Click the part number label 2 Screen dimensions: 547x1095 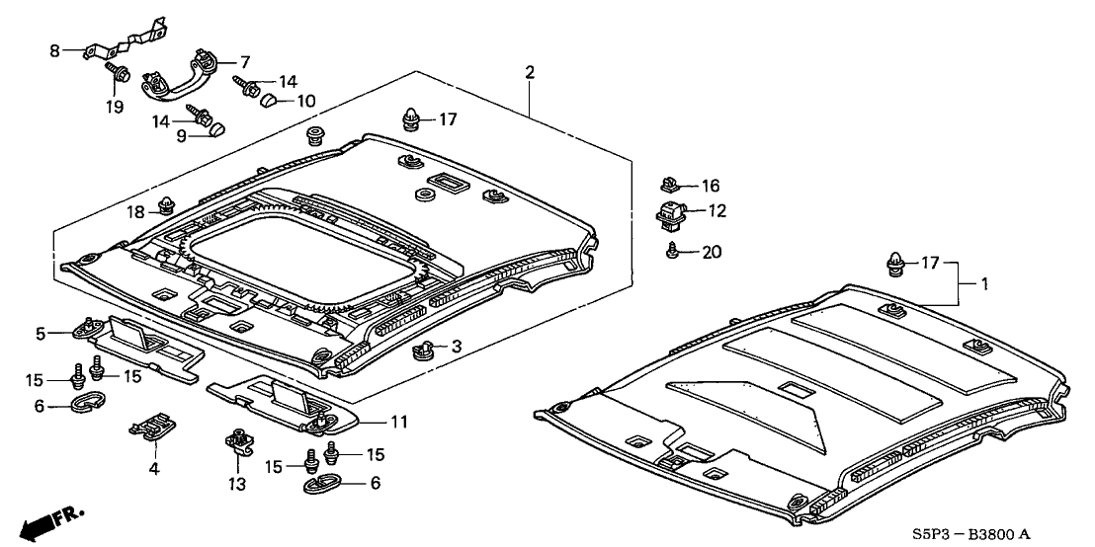point(530,72)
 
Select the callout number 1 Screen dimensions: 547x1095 point(984,283)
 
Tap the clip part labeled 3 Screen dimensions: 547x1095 point(426,348)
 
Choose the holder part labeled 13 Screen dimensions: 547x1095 point(238,439)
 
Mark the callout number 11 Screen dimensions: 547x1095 point(398,423)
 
